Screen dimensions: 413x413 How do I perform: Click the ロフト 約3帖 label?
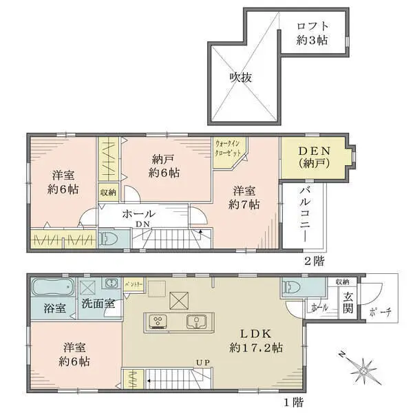(312, 34)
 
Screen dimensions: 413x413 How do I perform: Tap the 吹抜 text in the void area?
(240, 77)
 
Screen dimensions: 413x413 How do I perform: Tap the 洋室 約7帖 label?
(246, 197)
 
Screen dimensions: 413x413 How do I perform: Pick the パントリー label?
(134, 284)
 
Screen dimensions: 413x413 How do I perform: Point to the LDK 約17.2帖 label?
(257, 340)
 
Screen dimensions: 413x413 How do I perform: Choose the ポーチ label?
(379, 311)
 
